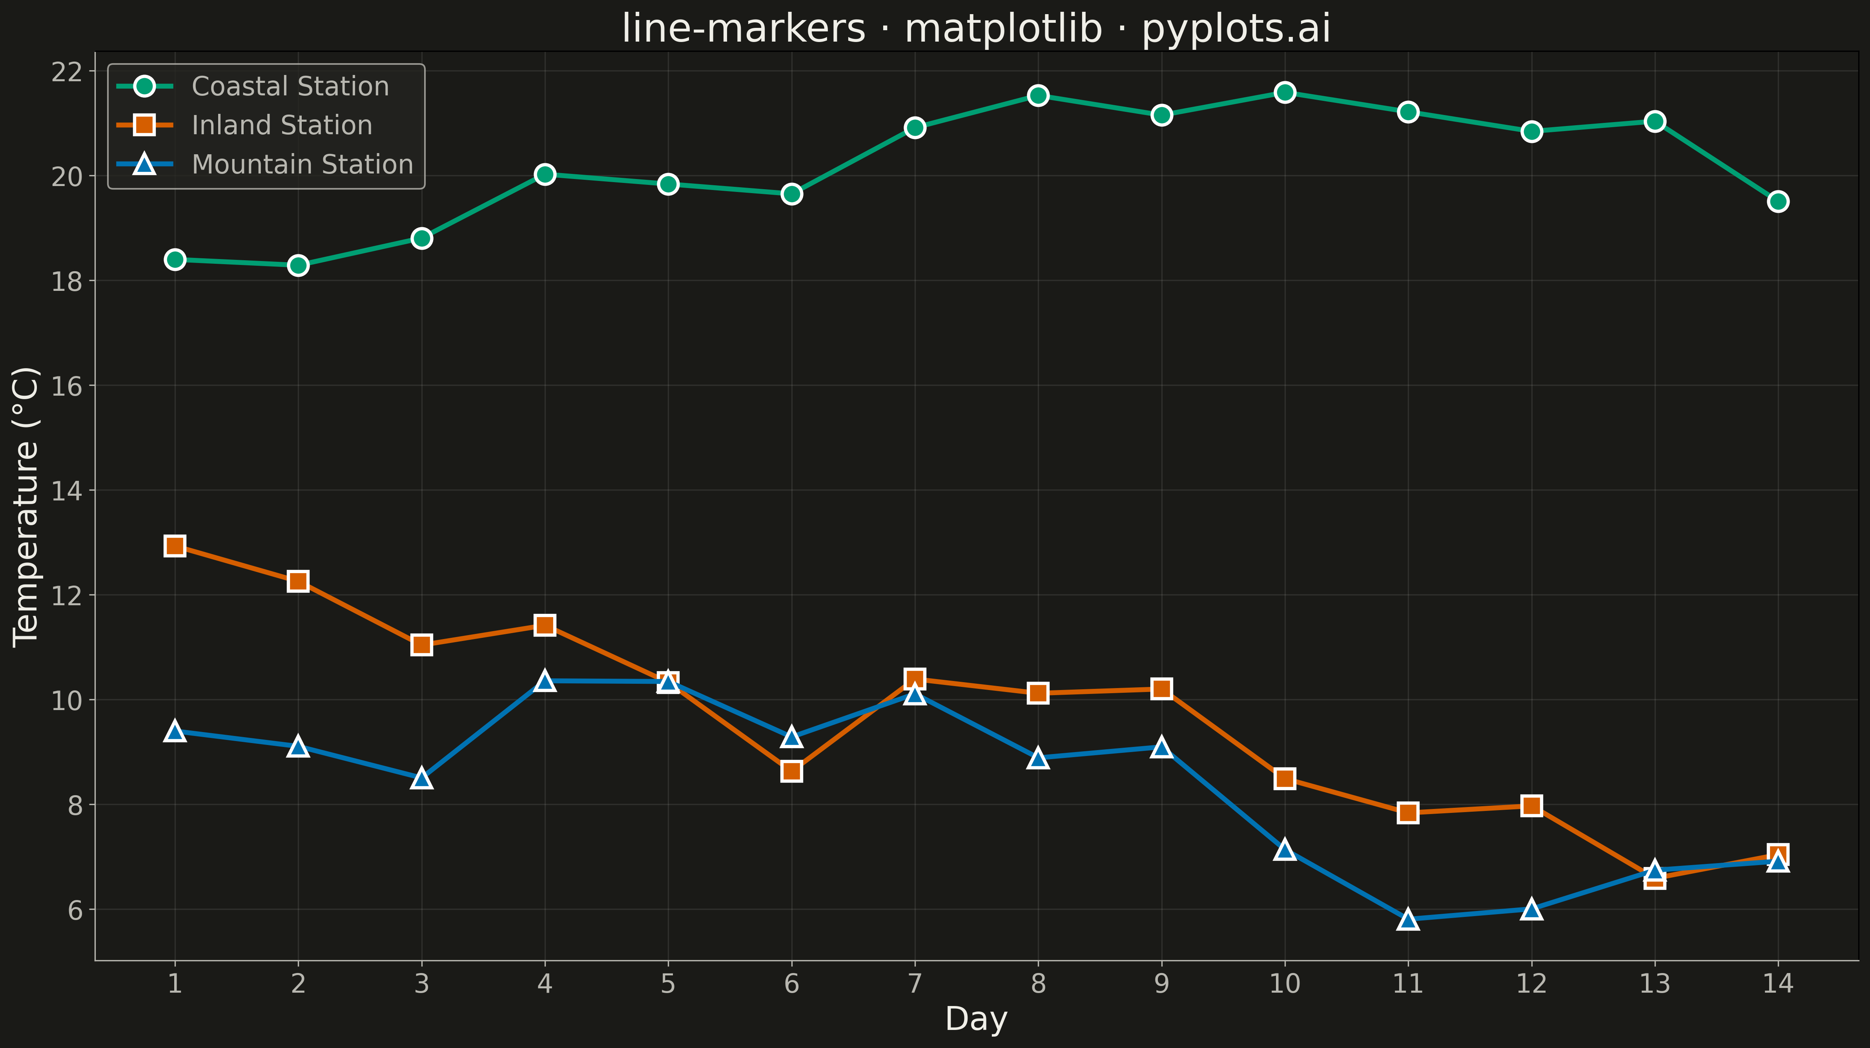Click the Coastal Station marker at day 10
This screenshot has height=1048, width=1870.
[1285, 92]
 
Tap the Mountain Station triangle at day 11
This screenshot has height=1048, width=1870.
[1408, 919]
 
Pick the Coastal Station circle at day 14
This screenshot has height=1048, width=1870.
[1778, 201]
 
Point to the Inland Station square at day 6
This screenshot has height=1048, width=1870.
[792, 771]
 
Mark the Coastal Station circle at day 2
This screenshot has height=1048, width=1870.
[298, 265]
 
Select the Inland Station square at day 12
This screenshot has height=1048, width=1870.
[1532, 805]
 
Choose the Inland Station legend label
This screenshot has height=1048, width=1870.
[282, 126]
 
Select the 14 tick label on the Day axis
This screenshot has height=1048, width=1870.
[1778, 984]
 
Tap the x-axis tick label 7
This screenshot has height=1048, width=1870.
[915, 984]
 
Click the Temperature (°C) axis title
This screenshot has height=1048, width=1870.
[26, 506]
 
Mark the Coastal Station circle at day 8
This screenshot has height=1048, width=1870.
[1038, 95]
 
